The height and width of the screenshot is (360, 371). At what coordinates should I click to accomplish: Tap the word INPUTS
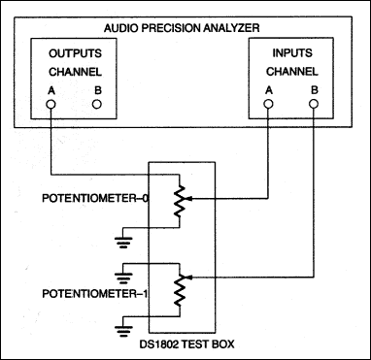[287, 53]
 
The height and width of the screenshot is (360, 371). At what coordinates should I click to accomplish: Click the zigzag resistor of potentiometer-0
[176, 201]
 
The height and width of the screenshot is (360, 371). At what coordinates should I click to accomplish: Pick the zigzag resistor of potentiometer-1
[176, 287]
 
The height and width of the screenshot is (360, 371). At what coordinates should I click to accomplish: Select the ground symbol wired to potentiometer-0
[122, 237]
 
